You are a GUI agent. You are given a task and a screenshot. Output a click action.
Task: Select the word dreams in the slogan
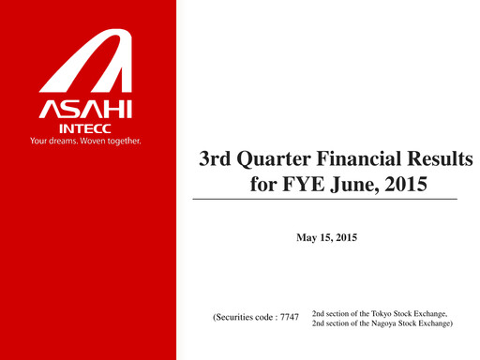pos(63,142)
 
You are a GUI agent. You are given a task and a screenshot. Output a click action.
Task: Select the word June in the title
pos(354,185)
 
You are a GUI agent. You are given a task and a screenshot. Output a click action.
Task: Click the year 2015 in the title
pos(405,185)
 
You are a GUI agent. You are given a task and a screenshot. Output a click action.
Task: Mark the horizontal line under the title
pos(325,200)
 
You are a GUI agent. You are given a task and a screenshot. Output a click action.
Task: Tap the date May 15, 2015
pos(326,240)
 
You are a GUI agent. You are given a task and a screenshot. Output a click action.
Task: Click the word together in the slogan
pos(125,142)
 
